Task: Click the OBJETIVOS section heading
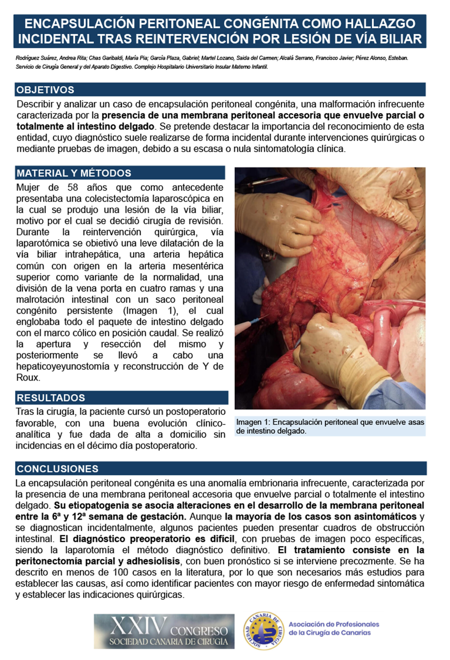[45, 90]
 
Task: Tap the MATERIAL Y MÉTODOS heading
[74, 173]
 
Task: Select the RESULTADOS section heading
[51, 398]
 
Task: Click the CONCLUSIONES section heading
[58, 469]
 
